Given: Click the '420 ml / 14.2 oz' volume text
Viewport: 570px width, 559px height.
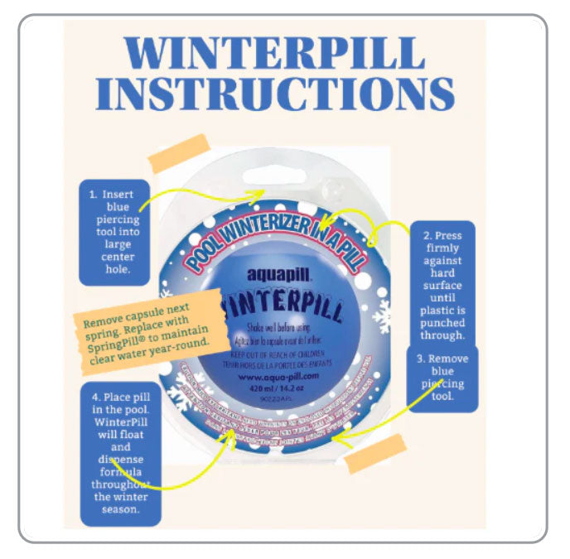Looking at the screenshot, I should coord(278,387).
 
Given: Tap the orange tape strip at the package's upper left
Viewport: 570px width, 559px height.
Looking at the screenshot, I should coord(177,152).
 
